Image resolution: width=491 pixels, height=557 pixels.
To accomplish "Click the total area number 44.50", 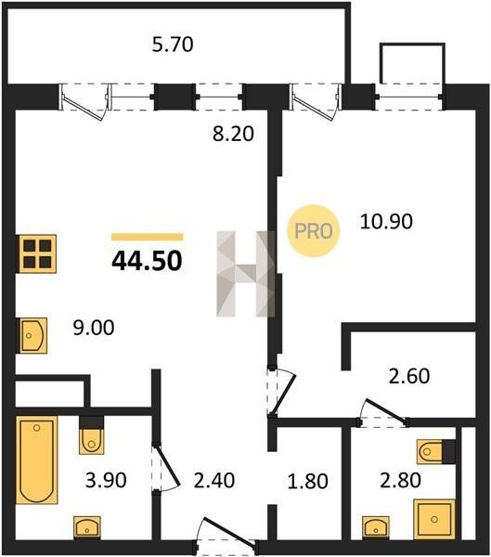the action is (x=147, y=261).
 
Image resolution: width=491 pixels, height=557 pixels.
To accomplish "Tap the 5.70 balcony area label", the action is (x=173, y=45).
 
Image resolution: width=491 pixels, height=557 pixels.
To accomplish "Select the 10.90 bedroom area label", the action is (x=386, y=221).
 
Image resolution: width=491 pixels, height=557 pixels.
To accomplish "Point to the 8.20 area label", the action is (x=233, y=134).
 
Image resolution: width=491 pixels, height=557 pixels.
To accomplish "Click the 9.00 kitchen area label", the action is (x=94, y=328).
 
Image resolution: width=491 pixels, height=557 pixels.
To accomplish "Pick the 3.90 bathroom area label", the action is (x=106, y=480).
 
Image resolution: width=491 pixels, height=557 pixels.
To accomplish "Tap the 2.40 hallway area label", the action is (x=213, y=480).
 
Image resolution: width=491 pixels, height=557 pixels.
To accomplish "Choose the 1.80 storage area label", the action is (x=307, y=481).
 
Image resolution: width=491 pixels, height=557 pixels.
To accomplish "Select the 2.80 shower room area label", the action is (x=400, y=480).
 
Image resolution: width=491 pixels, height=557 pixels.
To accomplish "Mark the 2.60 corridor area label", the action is (x=409, y=376).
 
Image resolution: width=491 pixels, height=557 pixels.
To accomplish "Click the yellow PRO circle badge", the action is (x=314, y=231).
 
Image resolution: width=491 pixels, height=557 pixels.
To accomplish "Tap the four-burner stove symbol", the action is (x=37, y=254).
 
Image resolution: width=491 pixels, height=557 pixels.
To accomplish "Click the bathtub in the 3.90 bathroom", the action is (x=36, y=460).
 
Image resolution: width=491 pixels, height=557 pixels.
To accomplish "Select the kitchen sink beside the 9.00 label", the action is (x=33, y=335).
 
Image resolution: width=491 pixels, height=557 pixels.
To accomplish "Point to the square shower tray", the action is (x=434, y=519).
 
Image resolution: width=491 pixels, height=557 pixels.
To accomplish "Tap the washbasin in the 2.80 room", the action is (x=376, y=528).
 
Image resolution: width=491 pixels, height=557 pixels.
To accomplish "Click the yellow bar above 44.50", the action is (x=147, y=237).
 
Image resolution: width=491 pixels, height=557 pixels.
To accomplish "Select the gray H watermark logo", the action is (x=245, y=274).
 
